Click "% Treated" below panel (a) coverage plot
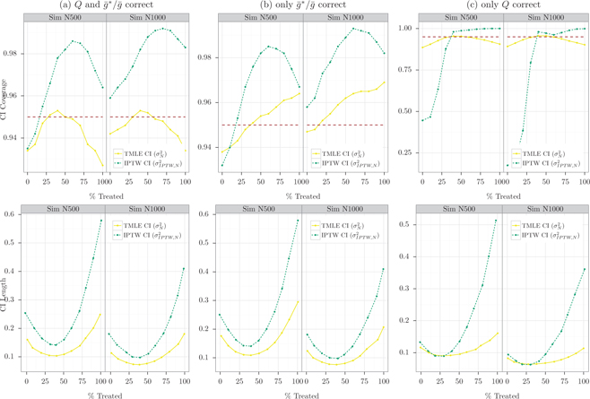point(105,191)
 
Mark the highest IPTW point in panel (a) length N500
point(100,220)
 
